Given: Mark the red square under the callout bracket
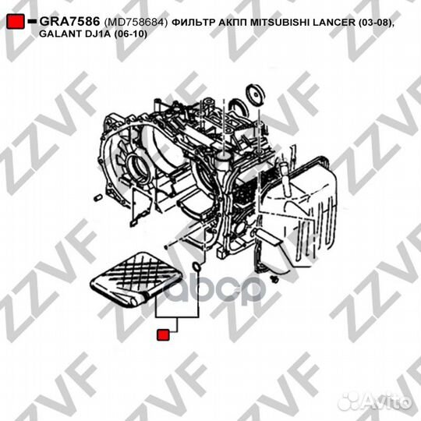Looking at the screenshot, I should tap(164, 336).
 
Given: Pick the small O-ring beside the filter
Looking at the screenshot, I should tap(197, 271).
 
